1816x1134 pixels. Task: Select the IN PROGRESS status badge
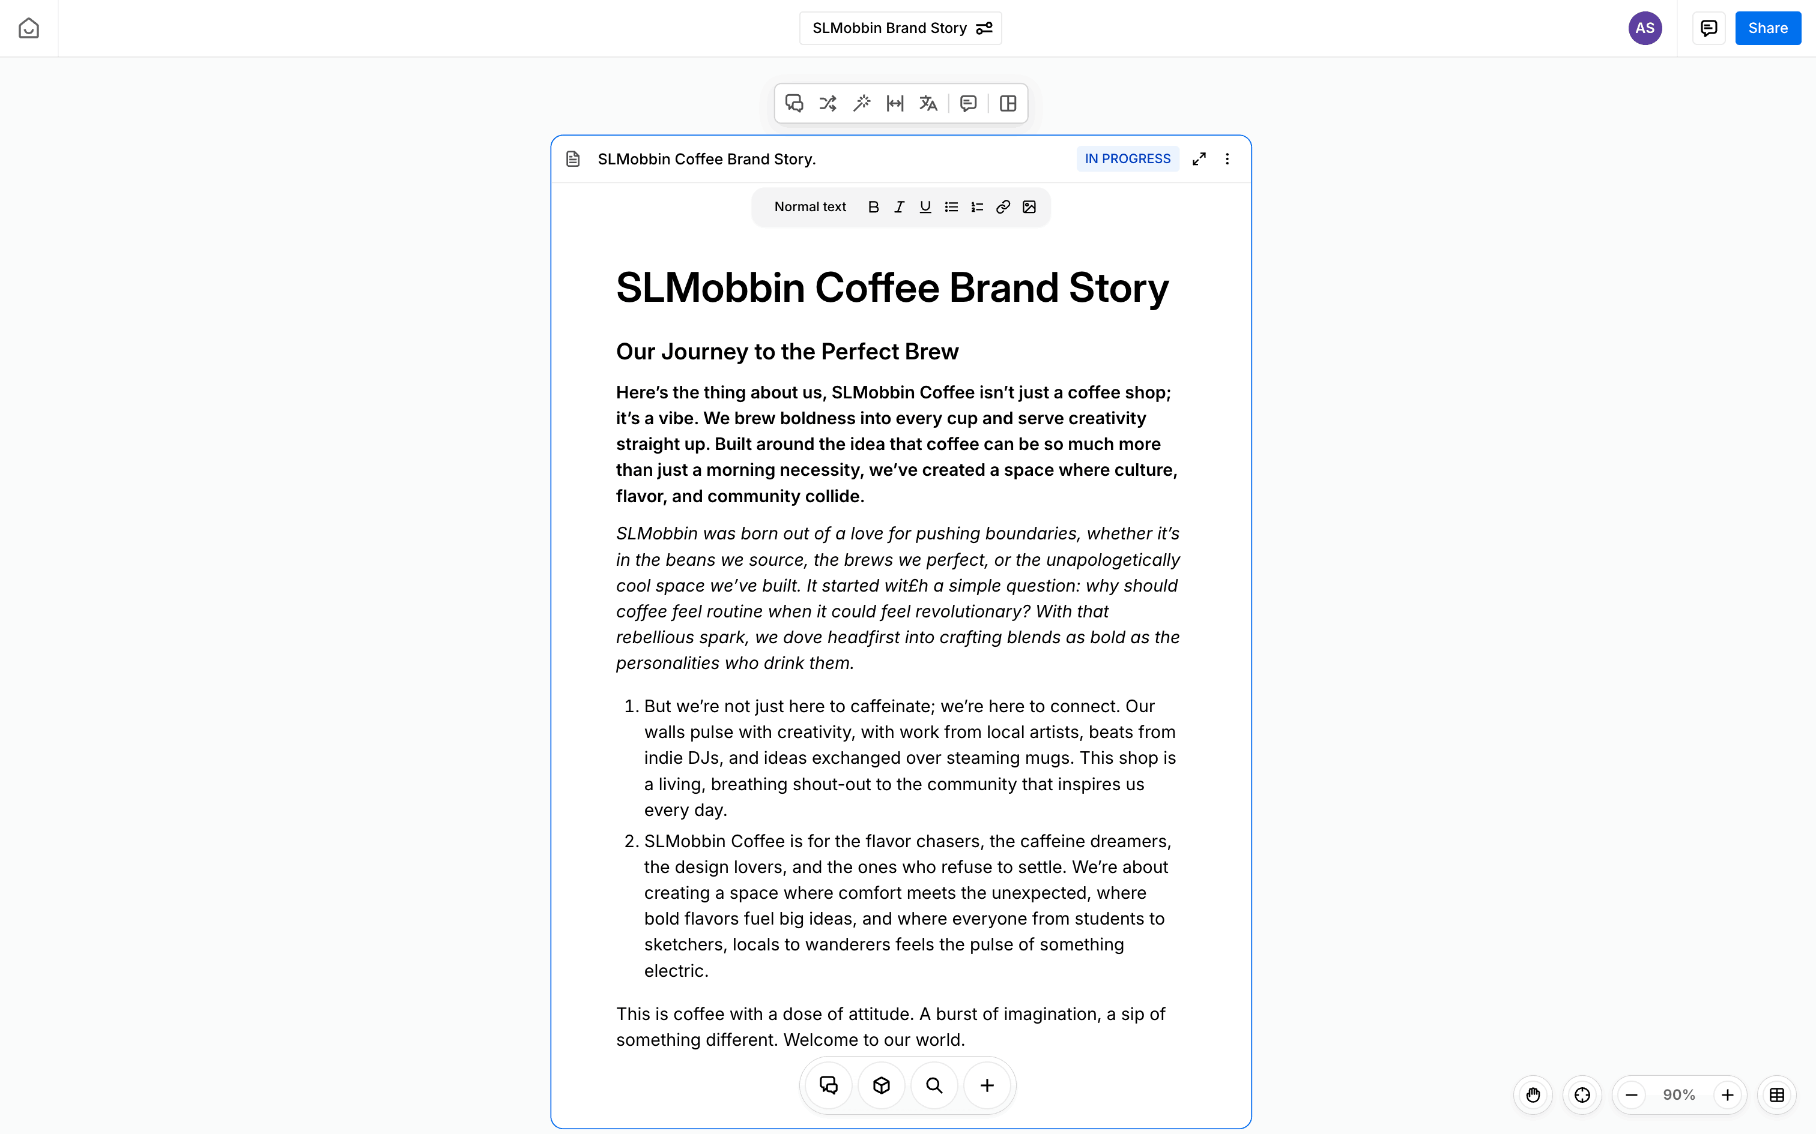[1127, 159]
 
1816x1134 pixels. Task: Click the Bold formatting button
[873, 207]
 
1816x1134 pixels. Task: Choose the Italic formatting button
[899, 207]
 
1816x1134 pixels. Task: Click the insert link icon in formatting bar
[1002, 207]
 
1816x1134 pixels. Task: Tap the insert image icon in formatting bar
[1029, 207]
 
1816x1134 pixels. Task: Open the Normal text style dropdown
[810, 207]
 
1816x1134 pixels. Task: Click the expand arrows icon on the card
[1199, 159]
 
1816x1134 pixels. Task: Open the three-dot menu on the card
[1227, 159]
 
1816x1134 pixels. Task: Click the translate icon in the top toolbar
[928, 103]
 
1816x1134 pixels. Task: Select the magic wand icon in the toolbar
[862, 103]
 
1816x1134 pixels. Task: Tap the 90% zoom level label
[1678, 1095]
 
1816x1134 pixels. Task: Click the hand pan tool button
[1533, 1095]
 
